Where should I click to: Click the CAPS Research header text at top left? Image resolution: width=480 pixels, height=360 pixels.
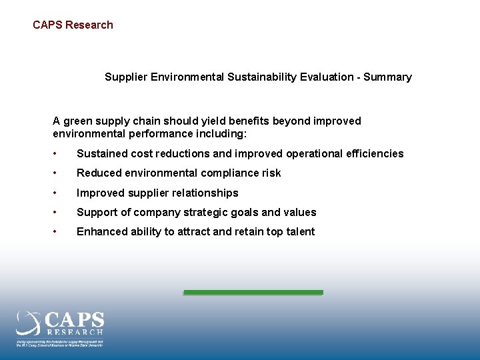tap(73, 25)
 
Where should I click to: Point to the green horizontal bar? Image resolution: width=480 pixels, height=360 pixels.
tap(253, 292)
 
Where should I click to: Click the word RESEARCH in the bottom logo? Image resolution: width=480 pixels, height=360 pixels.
tap(75, 331)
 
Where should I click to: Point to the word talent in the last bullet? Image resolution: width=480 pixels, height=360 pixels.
tap(299, 232)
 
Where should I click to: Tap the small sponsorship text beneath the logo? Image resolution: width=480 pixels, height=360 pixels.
tap(60, 342)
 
